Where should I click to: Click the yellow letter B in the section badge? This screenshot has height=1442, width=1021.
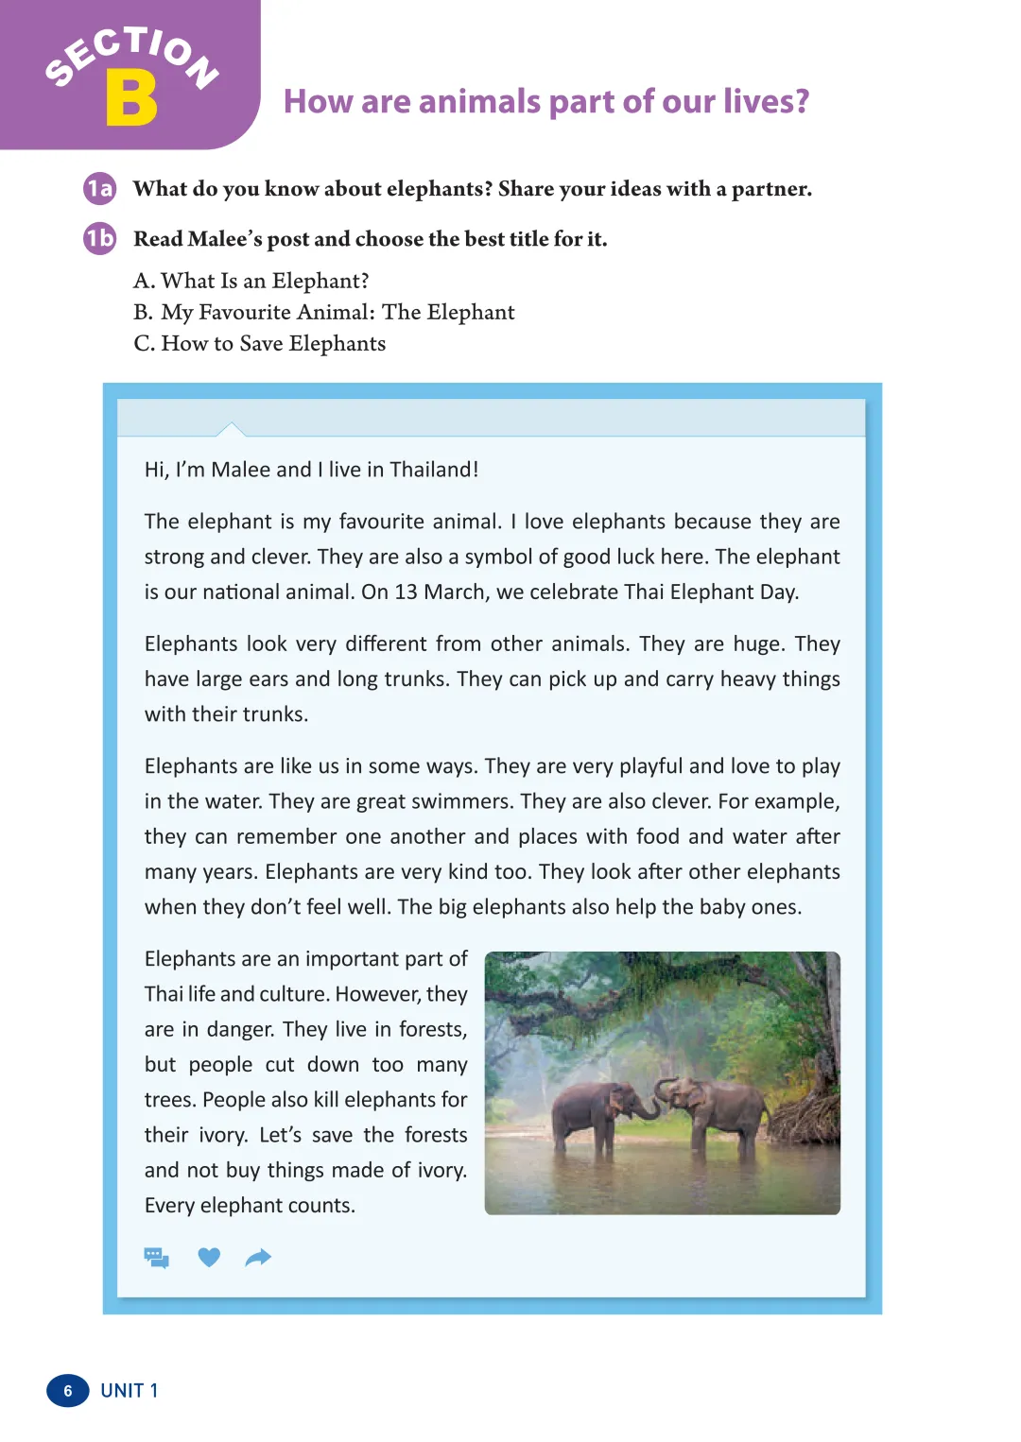tap(131, 99)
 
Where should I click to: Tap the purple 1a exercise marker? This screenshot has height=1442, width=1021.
tap(99, 189)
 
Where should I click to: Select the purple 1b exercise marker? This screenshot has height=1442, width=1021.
tap(99, 239)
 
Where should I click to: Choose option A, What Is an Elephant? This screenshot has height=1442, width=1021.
tap(251, 281)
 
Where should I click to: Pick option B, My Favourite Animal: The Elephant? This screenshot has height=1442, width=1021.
tap(324, 312)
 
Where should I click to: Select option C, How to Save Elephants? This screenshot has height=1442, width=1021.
tap(260, 343)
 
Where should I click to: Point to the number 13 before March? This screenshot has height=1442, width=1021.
tap(406, 592)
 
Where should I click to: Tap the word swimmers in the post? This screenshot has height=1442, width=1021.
tap(459, 801)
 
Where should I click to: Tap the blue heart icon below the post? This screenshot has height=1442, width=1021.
tap(209, 1257)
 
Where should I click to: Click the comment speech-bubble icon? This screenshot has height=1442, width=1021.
tap(157, 1258)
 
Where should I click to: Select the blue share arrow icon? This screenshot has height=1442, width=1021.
tap(258, 1258)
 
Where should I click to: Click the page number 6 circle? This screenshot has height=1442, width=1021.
tap(68, 1391)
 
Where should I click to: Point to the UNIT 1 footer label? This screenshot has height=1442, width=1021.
tap(130, 1391)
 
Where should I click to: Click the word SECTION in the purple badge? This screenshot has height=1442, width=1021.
tap(132, 55)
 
